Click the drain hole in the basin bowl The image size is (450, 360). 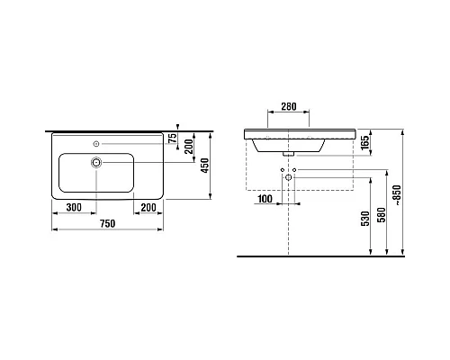tap(97, 163)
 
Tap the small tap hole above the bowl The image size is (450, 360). tap(97, 142)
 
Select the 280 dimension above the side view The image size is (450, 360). tap(287, 107)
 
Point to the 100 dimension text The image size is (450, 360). tap(265, 198)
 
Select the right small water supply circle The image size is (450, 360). tap(295, 170)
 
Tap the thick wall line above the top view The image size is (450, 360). tap(108, 127)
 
